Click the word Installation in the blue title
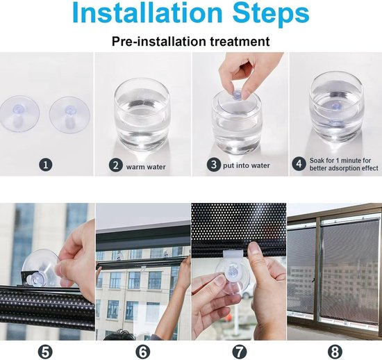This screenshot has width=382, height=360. [147, 13]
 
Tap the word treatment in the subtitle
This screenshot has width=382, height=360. [240, 41]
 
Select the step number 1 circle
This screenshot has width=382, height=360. [46, 165]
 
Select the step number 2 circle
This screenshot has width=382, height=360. [115, 165]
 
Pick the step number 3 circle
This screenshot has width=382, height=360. [213, 165]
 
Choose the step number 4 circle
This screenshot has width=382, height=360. [299, 164]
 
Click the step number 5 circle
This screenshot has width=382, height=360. [46, 352]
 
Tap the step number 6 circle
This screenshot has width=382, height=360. [143, 352]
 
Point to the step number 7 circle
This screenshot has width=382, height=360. [240, 352]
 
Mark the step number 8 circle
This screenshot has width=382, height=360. [335, 352]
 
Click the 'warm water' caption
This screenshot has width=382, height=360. [146, 167]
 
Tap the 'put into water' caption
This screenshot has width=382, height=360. [247, 165]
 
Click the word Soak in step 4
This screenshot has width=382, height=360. [317, 161]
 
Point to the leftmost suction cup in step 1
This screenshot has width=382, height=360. [19, 114]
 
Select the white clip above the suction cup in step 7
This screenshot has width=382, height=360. [233, 254]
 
